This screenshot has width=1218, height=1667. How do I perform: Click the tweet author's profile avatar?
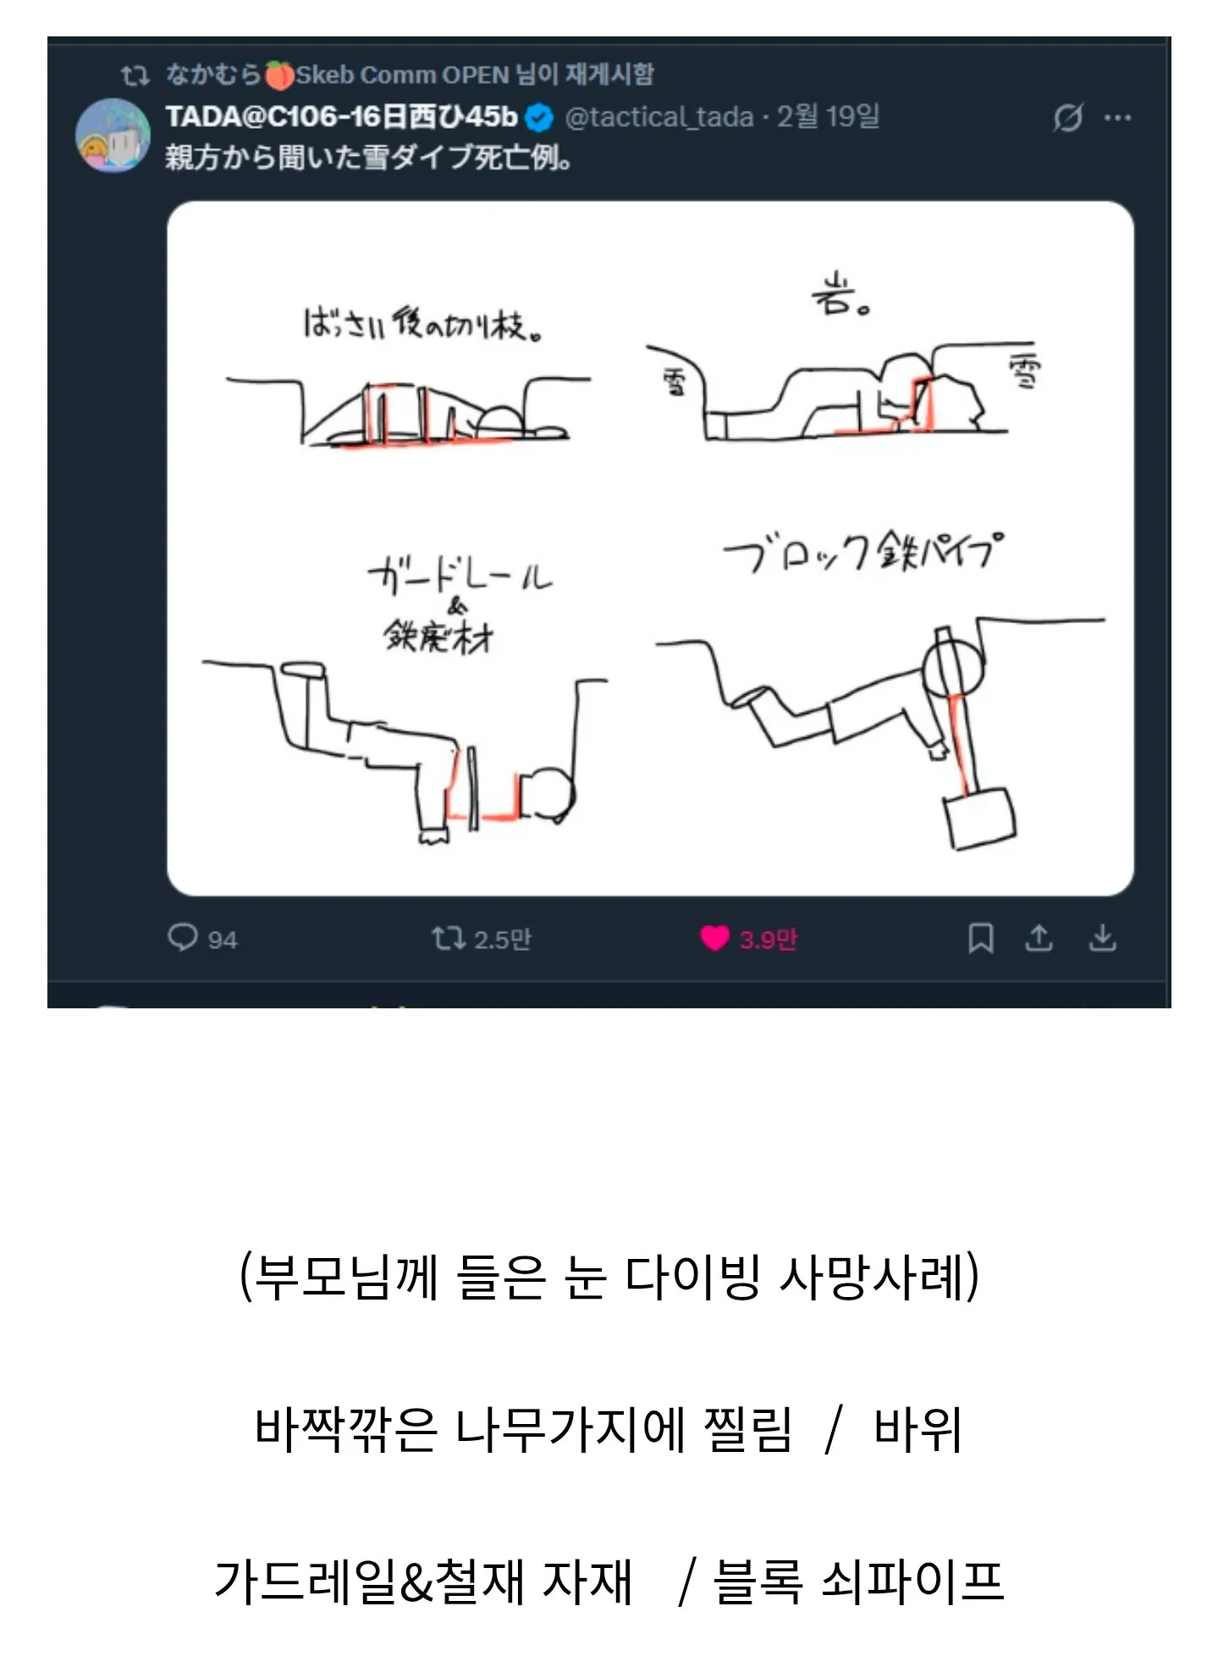(x=113, y=135)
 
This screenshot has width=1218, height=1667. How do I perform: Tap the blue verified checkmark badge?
(x=539, y=119)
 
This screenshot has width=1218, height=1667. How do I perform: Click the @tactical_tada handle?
(x=659, y=117)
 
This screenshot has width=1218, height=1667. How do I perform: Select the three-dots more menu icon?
(x=1117, y=119)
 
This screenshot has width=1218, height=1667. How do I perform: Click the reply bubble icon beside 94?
(x=182, y=937)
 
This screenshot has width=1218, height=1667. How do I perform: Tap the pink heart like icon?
(x=714, y=938)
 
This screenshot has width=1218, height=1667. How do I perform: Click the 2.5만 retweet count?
(x=502, y=939)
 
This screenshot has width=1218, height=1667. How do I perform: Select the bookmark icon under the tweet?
(x=980, y=938)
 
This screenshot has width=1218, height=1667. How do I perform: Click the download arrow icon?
(x=1102, y=938)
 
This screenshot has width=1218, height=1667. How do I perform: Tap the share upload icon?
(x=1039, y=938)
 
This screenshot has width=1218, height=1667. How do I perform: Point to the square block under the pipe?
(x=980, y=818)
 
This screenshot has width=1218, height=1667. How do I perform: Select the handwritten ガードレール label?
(x=460, y=577)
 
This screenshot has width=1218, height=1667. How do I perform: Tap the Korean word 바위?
(x=918, y=1430)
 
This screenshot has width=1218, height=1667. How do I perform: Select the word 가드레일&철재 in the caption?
(x=369, y=1581)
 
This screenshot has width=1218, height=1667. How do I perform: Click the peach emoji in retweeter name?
(x=278, y=75)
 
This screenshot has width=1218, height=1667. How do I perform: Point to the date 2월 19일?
(x=828, y=117)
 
